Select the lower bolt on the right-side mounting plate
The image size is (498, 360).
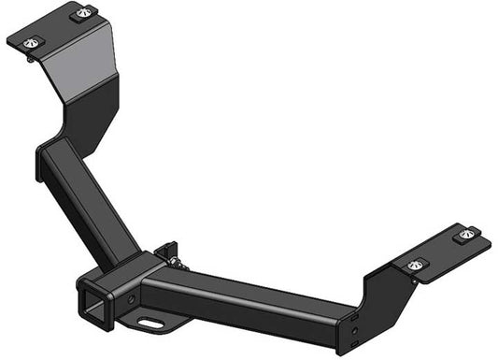[412, 266]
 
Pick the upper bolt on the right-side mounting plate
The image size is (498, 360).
[466, 233]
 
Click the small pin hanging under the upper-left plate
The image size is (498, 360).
[34, 59]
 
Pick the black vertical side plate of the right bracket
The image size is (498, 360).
[378, 299]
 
